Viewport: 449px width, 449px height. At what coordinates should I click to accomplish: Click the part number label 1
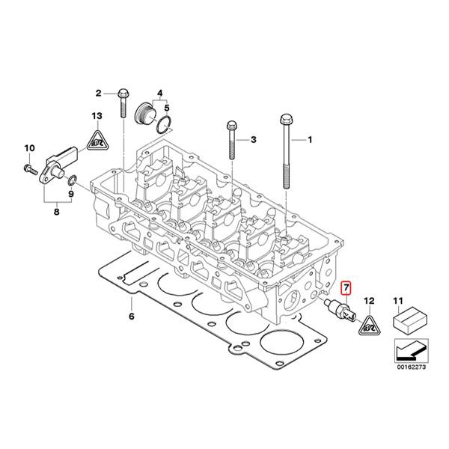pyautogui.click(x=313, y=140)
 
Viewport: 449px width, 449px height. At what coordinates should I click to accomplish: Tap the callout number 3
pyautogui.click(x=253, y=140)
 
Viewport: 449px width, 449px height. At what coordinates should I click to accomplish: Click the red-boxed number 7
pyautogui.click(x=345, y=287)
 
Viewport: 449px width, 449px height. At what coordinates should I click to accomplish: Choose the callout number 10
pyautogui.click(x=29, y=147)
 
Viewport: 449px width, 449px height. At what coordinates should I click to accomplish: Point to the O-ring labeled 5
pyautogui.click(x=169, y=123)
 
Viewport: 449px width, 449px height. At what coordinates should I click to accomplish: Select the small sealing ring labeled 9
pyautogui.click(x=72, y=180)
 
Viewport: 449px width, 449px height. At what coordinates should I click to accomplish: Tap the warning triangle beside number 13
pyautogui.click(x=97, y=138)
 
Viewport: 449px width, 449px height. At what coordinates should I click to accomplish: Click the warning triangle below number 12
pyautogui.click(x=366, y=326)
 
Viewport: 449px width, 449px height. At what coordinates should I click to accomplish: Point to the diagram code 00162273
pyautogui.click(x=409, y=367)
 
